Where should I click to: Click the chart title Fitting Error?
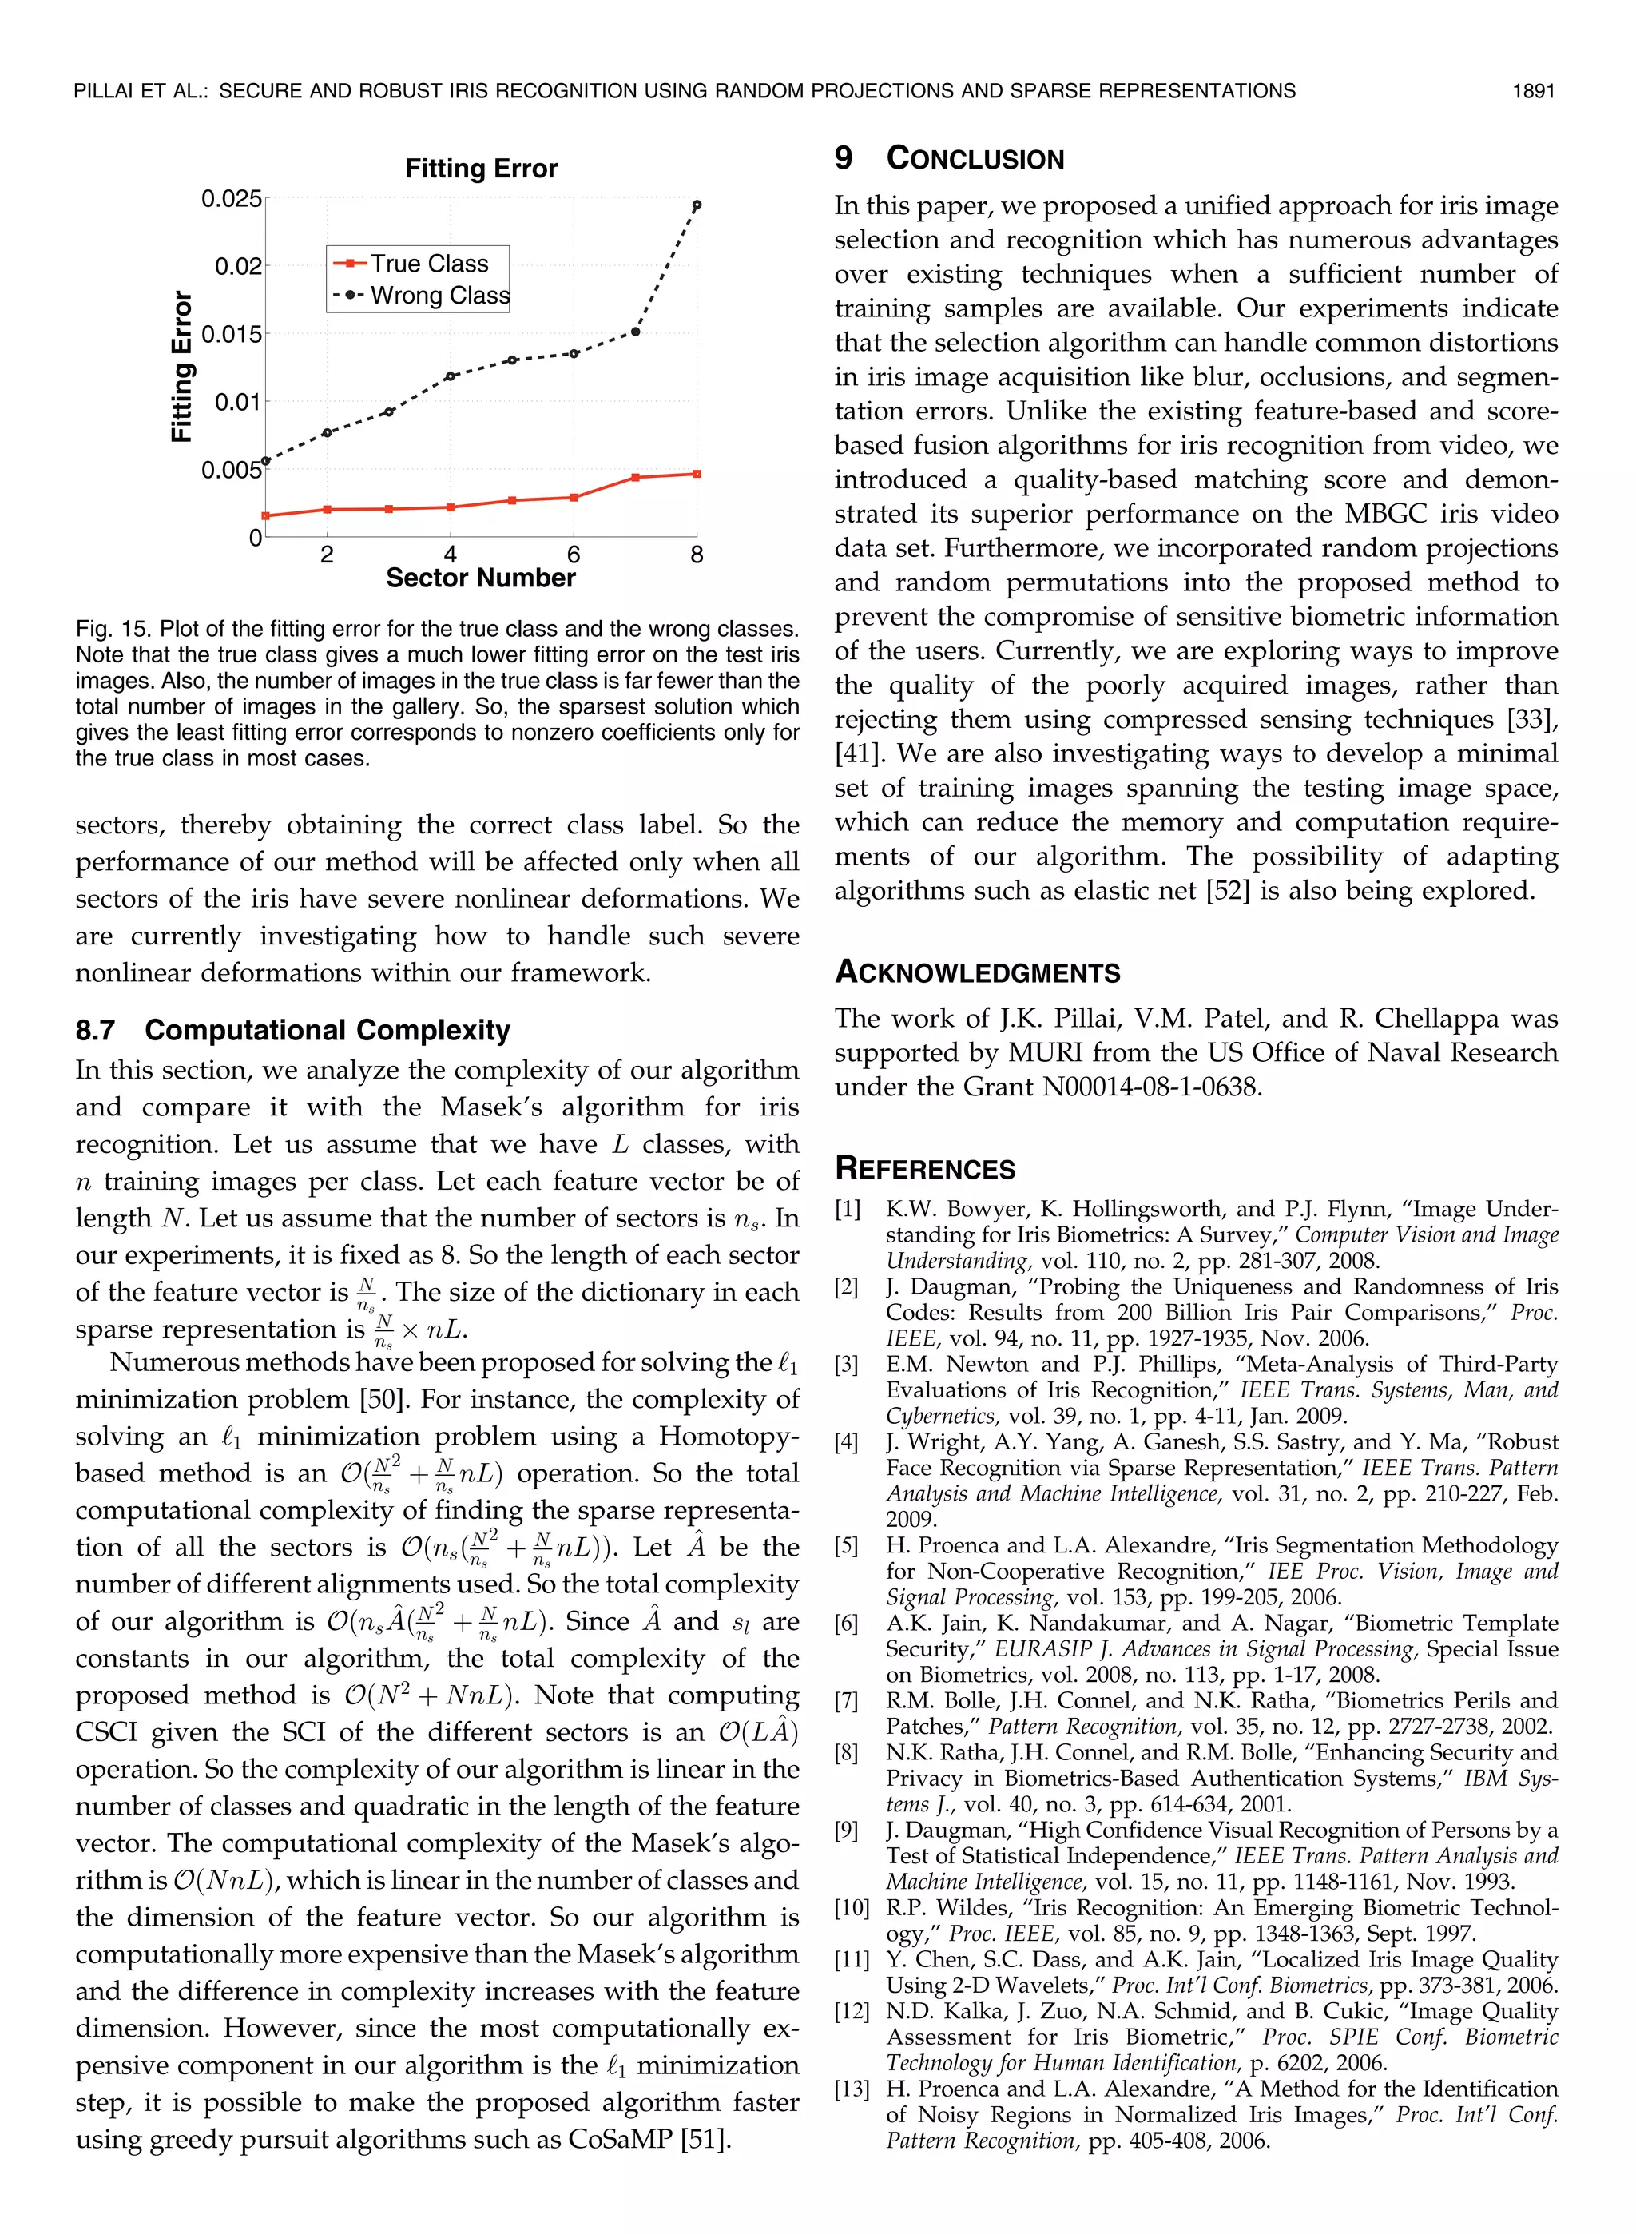click(x=480, y=169)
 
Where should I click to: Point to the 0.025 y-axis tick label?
click(x=232, y=199)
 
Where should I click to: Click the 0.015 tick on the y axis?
click(x=232, y=334)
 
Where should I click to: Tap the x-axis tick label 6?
click(x=574, y=555)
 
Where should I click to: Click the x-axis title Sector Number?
click(x=480, y=578)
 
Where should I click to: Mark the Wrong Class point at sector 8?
click(x=697, y=205)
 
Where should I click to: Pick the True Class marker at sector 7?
click(x=635, y=477)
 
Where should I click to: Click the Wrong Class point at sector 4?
click(x=450, y=376)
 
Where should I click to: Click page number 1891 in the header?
click(x=1533, y=91)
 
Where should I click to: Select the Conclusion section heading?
click(x=975, y=158)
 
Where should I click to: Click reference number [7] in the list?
click(x=847, y=1701)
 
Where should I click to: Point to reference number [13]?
click(x=852, y=2089)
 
